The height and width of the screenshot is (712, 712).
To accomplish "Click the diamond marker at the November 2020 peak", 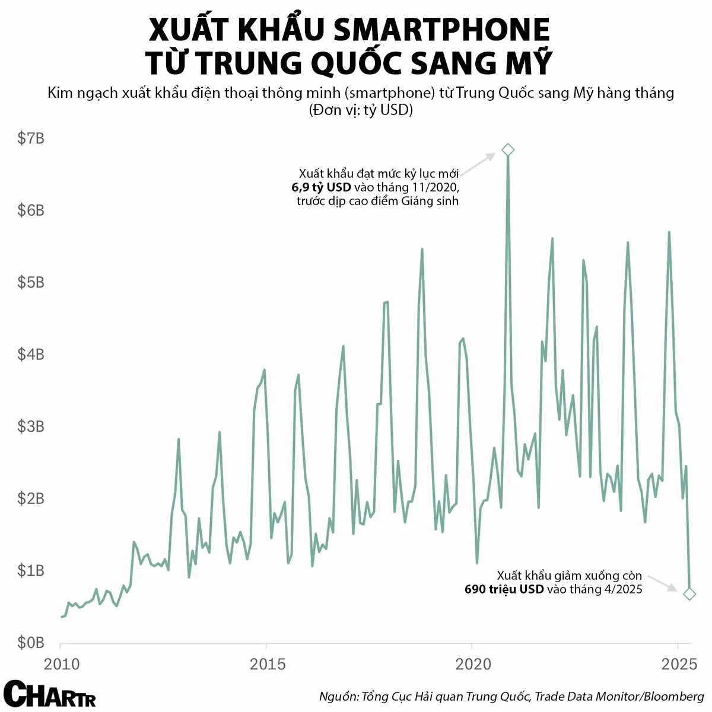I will pos(507,150).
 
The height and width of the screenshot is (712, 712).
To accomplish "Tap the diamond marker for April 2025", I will pos(689,593).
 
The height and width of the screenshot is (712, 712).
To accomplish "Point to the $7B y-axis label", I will pos(31,139).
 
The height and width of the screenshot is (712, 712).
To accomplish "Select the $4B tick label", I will pos(31,355).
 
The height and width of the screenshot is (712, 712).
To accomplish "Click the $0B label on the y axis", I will pos(31,643).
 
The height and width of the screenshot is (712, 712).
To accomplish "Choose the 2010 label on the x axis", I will pos(61,664).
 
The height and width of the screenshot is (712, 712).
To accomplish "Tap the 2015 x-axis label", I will pos(267,664).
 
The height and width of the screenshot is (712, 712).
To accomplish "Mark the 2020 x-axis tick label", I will pos(473,664).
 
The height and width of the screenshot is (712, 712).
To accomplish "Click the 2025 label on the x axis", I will pos(679,664).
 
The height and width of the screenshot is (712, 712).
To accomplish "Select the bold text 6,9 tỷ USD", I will pos(321,187).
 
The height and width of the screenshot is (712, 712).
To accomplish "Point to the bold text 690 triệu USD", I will pos(504,589).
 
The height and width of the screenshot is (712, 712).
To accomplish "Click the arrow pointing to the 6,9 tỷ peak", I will pos(478,164).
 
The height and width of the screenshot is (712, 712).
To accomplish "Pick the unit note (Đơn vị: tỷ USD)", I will pos(361,110).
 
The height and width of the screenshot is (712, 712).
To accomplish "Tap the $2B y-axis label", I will pos(31,499).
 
